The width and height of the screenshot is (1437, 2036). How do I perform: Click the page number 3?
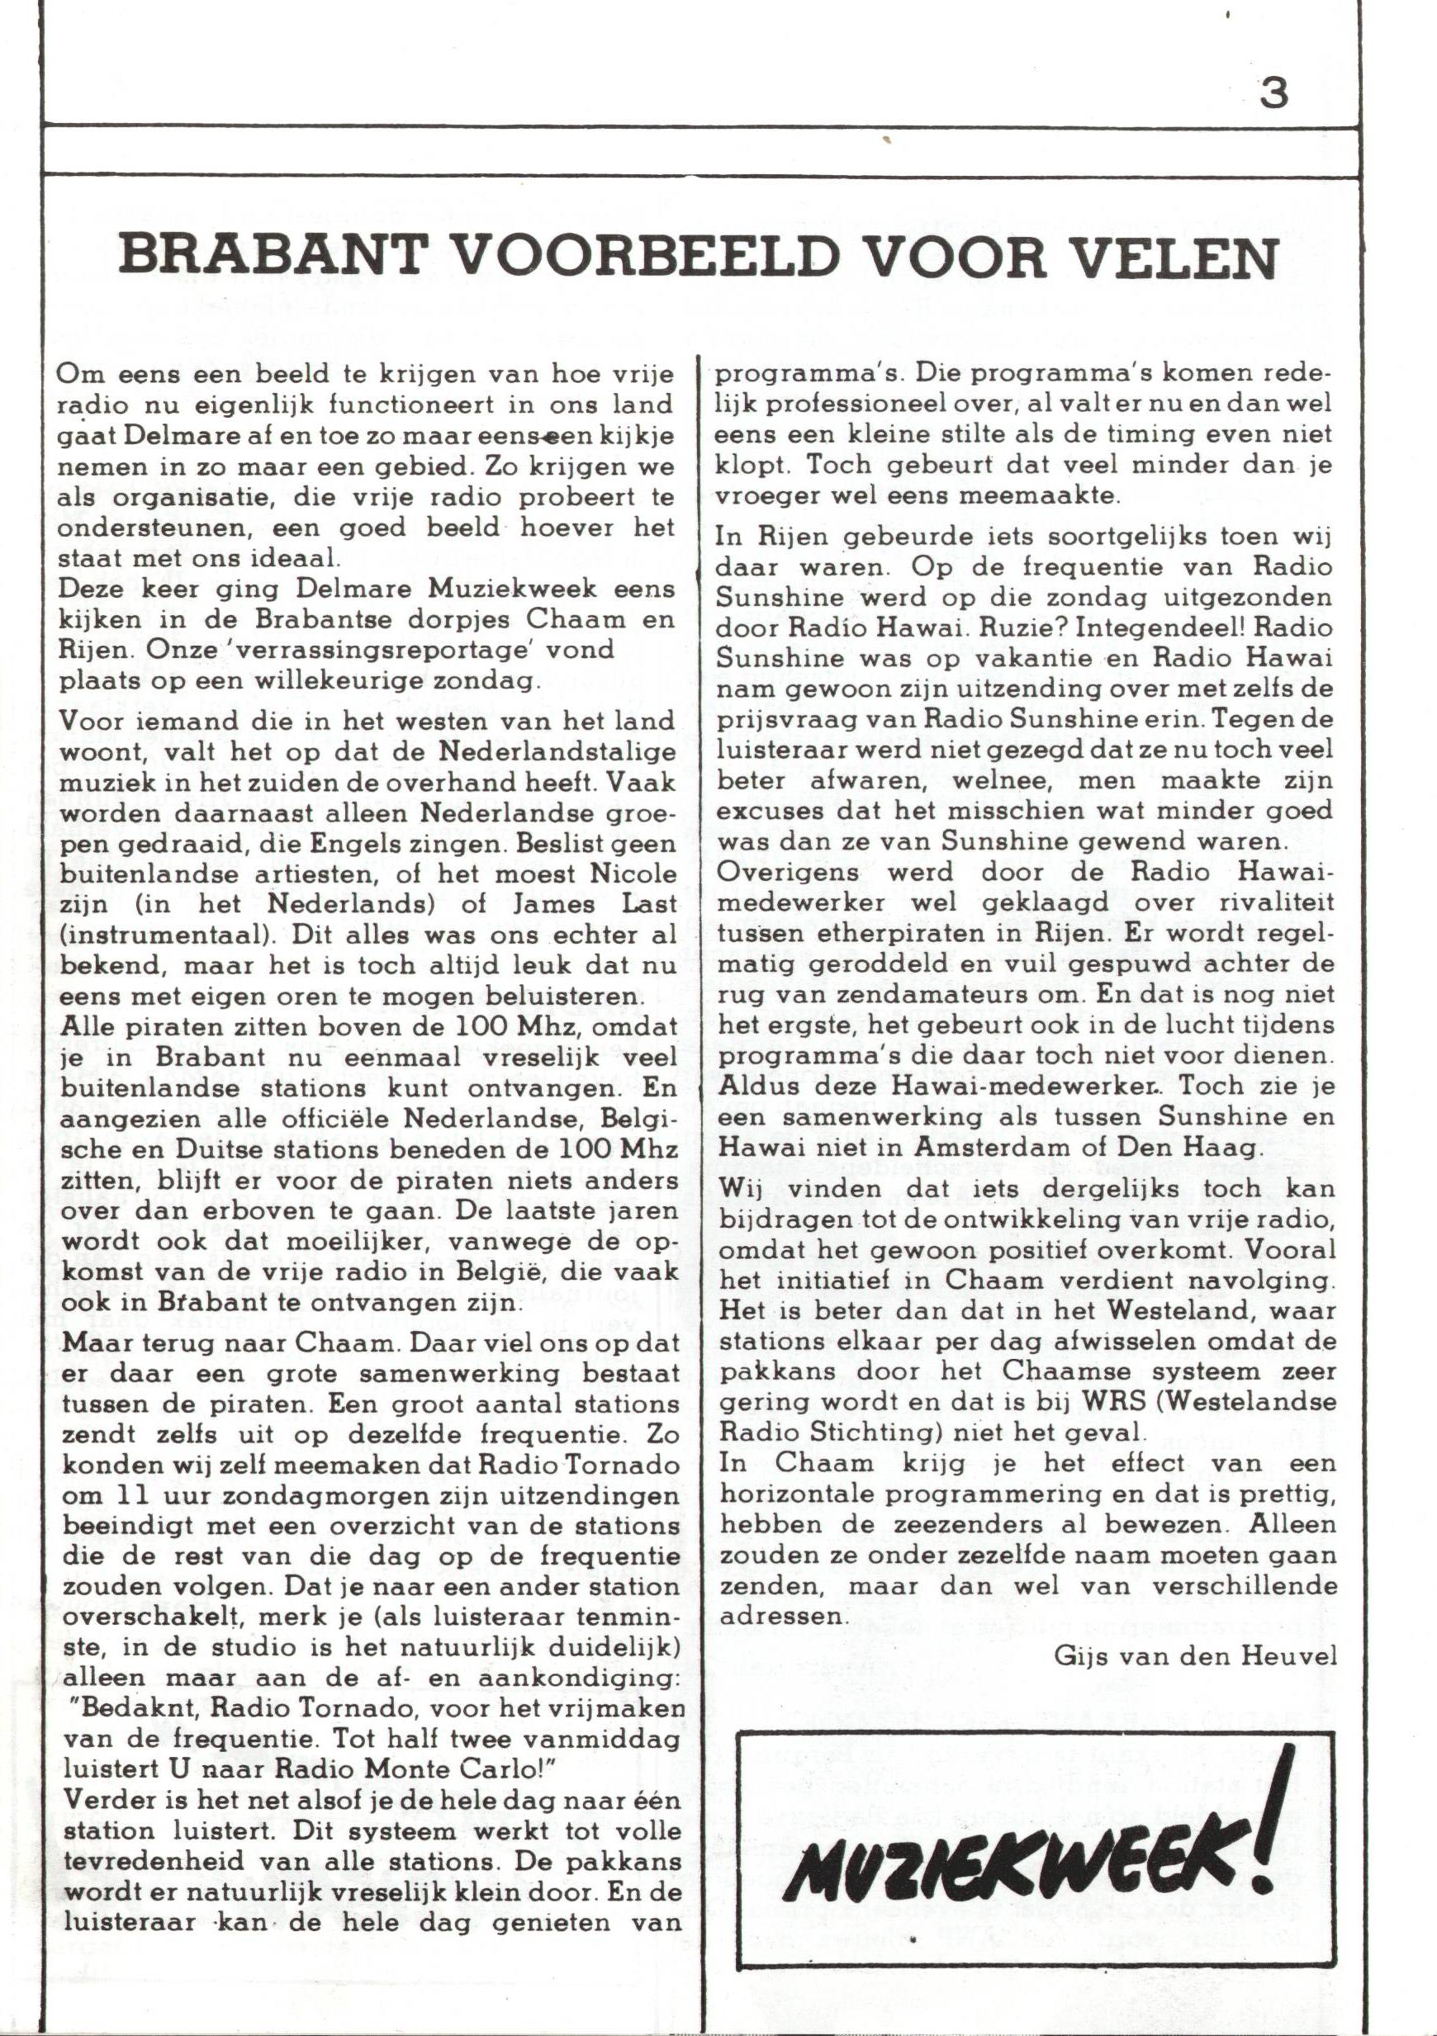click(x=1273, y=93)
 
